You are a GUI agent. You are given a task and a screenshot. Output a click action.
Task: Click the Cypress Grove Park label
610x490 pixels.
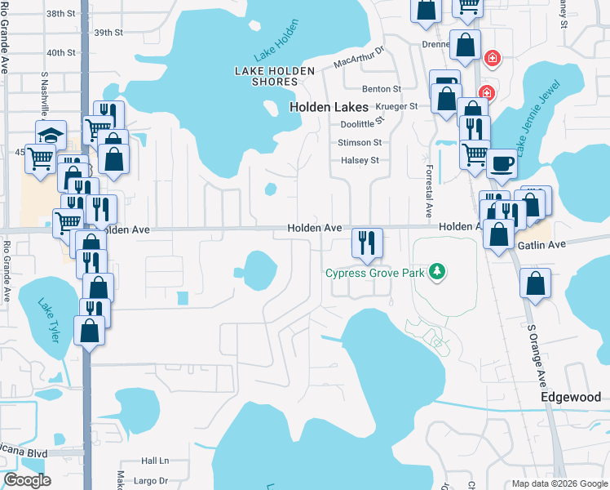click(375, 273)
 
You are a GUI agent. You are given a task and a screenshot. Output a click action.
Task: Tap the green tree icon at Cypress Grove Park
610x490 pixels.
click(438, 271)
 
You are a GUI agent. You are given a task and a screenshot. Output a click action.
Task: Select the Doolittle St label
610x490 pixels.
click(360, 123)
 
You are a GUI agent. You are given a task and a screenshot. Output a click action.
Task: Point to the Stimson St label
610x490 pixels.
click(360, 142)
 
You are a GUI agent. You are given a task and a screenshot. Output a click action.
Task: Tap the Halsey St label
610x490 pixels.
click(360, 160)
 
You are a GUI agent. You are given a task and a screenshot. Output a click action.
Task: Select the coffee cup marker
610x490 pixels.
click(502, 163)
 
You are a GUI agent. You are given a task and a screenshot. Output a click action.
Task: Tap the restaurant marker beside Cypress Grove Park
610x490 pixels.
click(367, 243)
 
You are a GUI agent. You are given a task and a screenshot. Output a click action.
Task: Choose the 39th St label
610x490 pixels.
click(108, 33)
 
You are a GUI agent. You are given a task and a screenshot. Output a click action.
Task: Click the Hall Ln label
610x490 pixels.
click(154, 461)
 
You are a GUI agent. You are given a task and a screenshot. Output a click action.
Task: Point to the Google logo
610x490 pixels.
click(27, 480)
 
